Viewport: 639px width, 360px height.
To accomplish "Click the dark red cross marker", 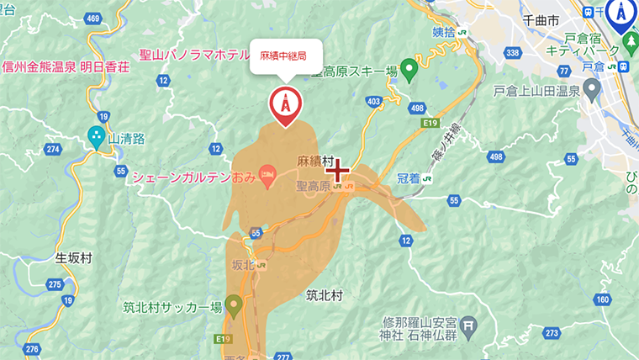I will tap(338, 172).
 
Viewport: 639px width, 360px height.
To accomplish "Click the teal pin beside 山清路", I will tap(97, 136).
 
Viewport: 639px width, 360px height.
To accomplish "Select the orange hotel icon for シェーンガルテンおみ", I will tap(267, 177).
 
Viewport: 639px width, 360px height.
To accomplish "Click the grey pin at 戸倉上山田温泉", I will tap(592, 87).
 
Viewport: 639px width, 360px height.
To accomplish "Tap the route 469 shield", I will tap(92, 19).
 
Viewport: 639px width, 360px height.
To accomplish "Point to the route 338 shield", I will tap(511, 53).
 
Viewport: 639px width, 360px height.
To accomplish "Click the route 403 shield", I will tap(374, 102).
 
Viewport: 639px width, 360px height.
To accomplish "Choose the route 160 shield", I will tap(601, 299).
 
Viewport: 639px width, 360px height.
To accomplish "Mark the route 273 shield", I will tap(551, 334).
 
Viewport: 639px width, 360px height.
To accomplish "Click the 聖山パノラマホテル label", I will tap(194, 56).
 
